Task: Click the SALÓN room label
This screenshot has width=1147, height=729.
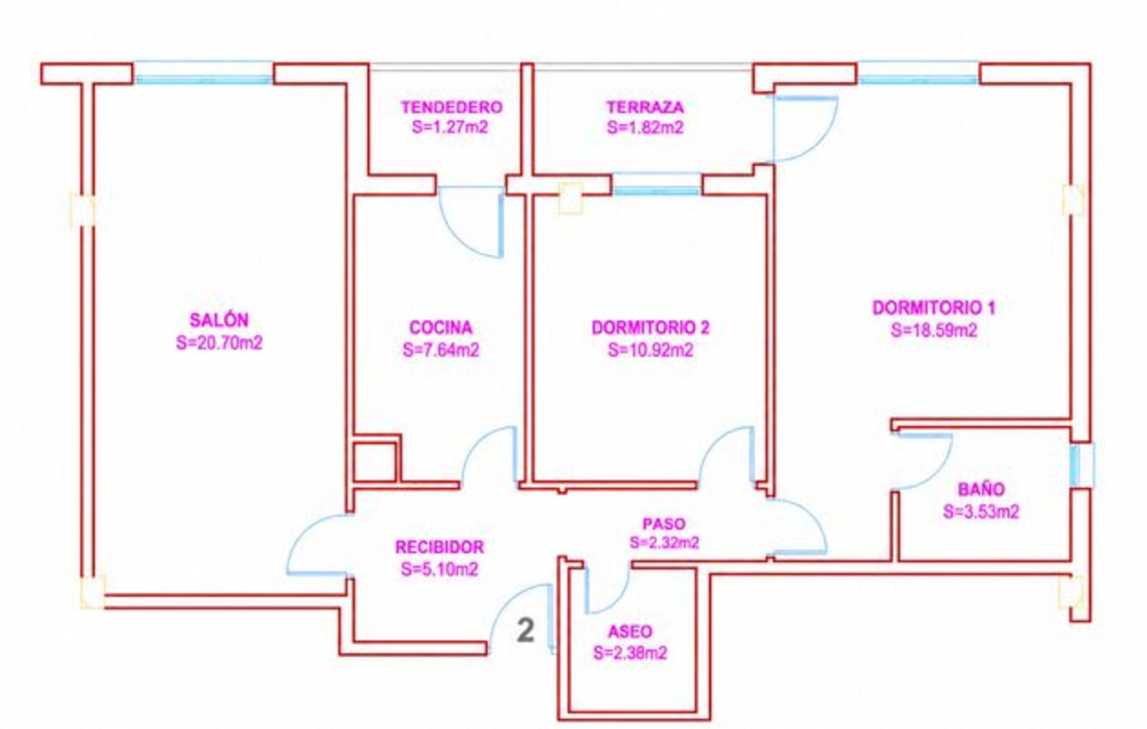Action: point(219,320)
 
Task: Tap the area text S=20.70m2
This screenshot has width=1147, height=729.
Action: point(219,343)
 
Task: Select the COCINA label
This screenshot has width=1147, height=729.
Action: point(441,327)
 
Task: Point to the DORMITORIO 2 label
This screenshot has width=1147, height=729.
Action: point(650,327)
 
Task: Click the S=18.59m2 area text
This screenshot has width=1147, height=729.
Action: point(934,330)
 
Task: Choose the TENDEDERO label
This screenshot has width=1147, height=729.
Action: point(451,107)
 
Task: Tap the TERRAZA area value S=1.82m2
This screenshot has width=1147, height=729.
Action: point(645,128)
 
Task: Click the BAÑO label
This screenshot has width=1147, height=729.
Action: point(981,490)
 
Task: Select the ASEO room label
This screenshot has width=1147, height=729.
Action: point(630,632)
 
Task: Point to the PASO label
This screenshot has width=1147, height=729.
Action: point(664,523)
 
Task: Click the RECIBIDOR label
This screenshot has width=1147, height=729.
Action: point(440,547)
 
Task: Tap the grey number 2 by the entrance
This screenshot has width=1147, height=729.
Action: point(525,630)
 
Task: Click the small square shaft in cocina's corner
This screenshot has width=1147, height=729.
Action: point(376,459)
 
